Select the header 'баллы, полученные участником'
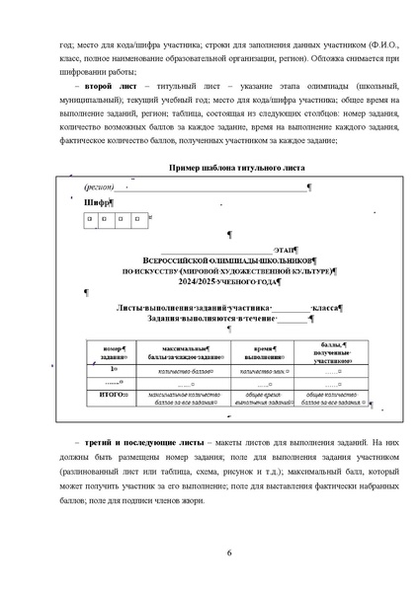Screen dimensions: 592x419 tap(329, 352)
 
